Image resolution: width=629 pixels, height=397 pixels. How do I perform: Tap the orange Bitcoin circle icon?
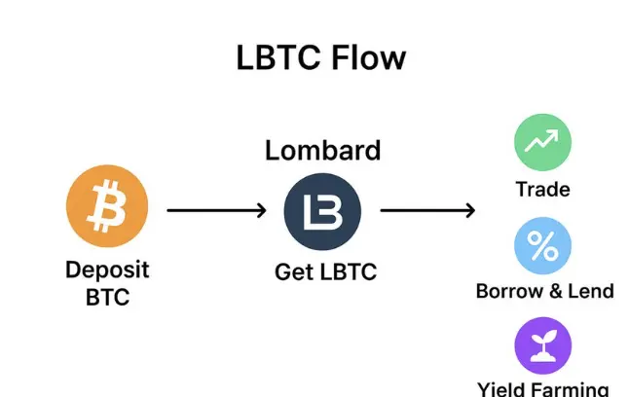(x=106, y=206)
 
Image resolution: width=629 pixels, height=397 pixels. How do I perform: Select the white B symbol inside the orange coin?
(x=106, y=206)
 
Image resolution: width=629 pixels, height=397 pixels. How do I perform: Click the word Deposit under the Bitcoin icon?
(x=107, y=270)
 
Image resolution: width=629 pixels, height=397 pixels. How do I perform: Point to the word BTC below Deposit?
(x=107, y=297)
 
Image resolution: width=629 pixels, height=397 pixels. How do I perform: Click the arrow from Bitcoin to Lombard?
(x=214, y=210)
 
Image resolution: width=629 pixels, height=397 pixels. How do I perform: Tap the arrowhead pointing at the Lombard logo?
(x=260, y=210)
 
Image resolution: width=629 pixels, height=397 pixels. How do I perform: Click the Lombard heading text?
(x=322, y=151)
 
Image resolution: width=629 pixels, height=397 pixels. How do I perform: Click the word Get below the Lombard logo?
(x=293, y=273)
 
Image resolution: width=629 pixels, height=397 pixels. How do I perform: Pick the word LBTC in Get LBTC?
(x=345, y=273)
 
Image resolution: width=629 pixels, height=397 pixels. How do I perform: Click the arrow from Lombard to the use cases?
(x=426, y=210)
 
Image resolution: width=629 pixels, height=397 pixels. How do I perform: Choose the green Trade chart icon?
(x=542, y=143)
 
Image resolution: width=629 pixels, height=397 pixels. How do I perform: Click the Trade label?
(x=542, y=189)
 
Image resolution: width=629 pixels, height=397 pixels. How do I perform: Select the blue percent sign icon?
(x=542, y=246)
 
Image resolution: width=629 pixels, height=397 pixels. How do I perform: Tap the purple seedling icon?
(x=542, y=346)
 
